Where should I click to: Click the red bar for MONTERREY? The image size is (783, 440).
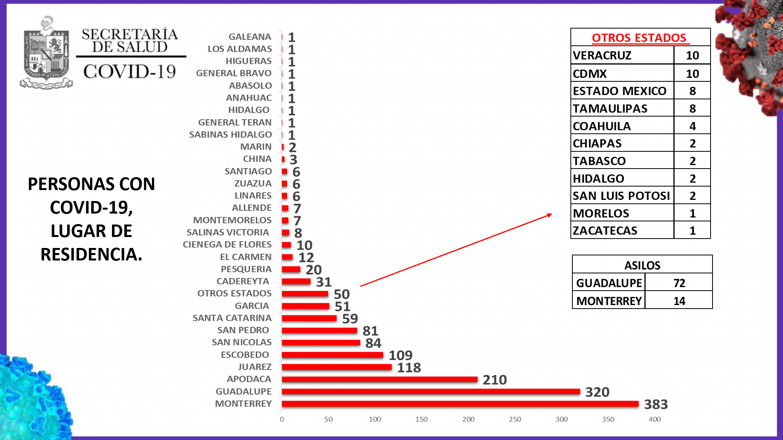460,404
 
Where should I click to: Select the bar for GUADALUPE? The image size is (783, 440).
431,392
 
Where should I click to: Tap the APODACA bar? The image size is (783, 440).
379,379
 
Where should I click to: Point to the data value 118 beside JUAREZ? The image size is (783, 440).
409,368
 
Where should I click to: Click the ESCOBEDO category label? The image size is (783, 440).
245,355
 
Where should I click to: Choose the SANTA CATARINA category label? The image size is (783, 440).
232,318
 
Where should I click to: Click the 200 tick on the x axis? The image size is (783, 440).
468,419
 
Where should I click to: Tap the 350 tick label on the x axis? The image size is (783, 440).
608,419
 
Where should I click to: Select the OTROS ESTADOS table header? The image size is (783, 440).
639,38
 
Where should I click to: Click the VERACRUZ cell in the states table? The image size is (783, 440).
602,56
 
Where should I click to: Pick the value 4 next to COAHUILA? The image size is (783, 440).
692,126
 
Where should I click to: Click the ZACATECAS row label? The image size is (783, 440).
605,231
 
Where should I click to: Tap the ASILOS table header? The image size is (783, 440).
642,266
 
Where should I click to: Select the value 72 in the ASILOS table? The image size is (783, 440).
679,283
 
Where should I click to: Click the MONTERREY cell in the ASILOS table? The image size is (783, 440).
609,301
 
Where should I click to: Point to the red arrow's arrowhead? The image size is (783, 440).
550,215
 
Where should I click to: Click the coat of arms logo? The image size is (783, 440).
46,53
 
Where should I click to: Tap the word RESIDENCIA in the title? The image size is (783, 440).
91,255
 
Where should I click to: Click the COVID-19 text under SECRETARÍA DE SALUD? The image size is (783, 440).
130,72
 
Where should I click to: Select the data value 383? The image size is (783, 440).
656,404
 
